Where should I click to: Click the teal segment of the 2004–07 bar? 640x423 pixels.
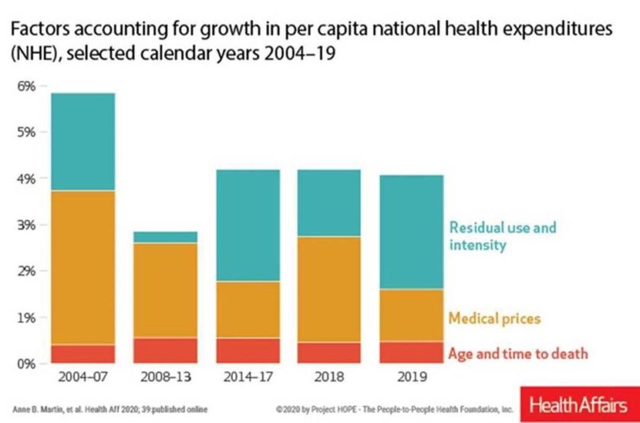coord(83,142)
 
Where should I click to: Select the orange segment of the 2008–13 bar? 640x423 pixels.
coord(165,290)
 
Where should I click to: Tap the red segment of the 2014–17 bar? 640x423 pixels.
coord(248,351)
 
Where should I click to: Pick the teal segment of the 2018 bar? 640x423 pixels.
coord(329,203)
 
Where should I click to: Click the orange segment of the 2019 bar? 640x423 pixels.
coord(411,316)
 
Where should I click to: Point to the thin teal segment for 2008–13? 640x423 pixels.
coord(165,237)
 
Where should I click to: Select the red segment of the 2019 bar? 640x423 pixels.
coord(411,352)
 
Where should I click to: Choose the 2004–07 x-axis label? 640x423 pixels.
coord(83,377)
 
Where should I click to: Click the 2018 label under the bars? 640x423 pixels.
coord(329,377)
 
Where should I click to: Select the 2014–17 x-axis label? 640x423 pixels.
coord(248,377)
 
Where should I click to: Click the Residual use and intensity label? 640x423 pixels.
coord(502,236)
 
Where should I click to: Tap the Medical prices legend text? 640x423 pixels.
coord(494,318)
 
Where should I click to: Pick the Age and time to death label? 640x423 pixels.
coord(518,353)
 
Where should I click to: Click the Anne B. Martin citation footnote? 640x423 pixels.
coord(110,409)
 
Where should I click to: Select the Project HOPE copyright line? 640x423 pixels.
coord(395,409)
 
